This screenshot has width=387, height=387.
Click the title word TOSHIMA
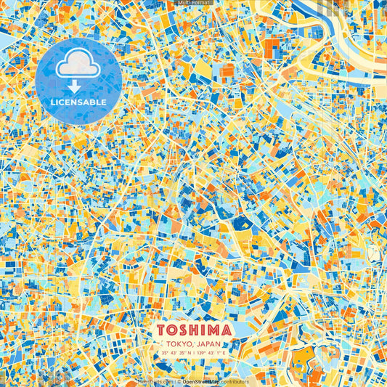pos(193,330)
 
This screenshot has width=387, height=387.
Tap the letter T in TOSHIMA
pos(161,330)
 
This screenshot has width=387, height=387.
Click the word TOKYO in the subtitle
pos(179,343)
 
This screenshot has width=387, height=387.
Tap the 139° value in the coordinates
pos(200,352)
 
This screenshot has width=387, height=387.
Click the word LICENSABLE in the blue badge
pos(78,102)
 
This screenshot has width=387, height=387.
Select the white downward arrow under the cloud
pos(75,86)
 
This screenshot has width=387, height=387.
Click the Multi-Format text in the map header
pos(193,3)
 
